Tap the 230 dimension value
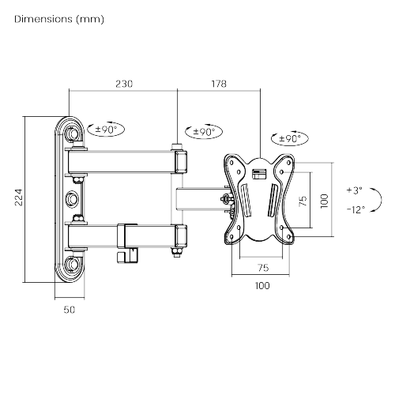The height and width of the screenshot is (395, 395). [x=123, y=82]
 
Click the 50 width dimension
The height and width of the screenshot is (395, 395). [x=69, y=310]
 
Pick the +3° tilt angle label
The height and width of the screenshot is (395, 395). [x=354, y=190]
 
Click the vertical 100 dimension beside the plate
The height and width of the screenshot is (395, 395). [x=324, y=201]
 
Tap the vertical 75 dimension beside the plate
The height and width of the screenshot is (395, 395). [x=303, y=201]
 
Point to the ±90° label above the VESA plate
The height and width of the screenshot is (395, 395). [x=290, y=138]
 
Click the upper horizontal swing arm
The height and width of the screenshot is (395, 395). [x=126, y=162]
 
